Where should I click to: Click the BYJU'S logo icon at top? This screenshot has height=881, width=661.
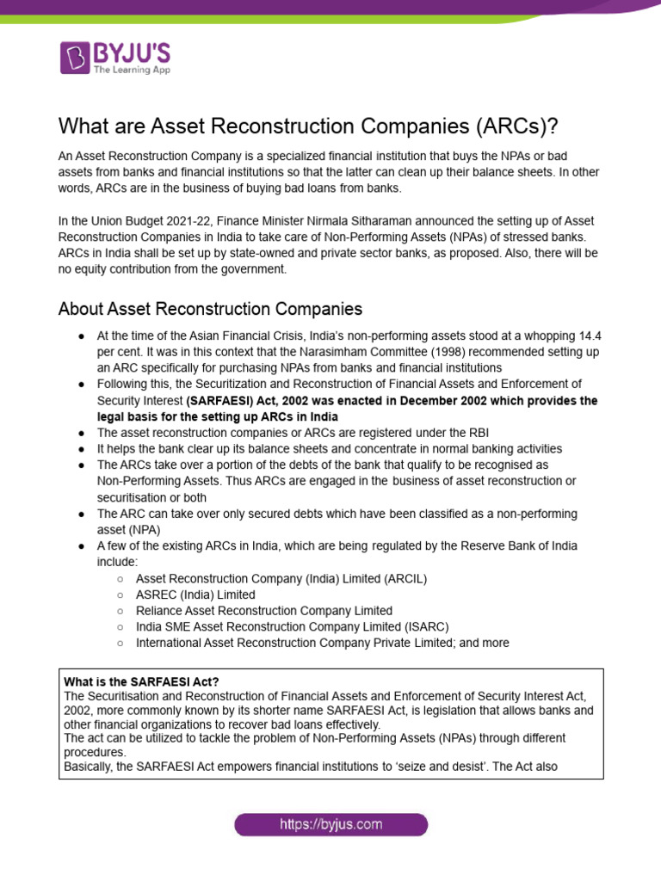[x=75, y=57]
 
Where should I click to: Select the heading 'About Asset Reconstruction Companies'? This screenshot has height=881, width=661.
[x=210, y=308]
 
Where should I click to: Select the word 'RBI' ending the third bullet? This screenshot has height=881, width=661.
[x=452, y=433]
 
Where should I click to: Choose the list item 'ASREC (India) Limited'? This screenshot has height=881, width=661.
[x=195, y=595]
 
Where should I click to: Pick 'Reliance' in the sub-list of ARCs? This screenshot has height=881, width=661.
[x=160, y=611]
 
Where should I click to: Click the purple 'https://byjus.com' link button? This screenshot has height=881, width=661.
[x=330, y=825]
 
